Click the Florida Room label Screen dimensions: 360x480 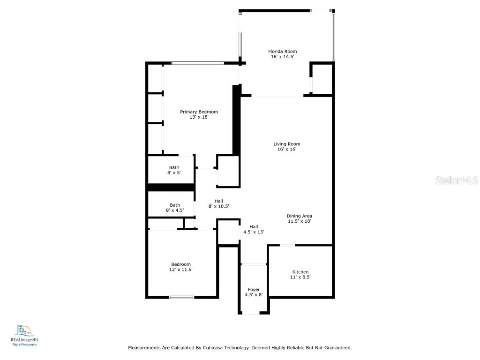coord(282,52)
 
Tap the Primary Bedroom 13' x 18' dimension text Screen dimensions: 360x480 coord(199,117)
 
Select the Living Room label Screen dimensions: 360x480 coord(287,144)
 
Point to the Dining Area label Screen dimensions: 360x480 coord(300,216)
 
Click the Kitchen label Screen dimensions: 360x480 coord(300,272)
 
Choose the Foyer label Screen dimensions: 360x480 coord(254,290)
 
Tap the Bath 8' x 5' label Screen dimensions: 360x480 coord(174,170)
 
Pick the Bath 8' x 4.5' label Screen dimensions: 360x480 coord(175,208)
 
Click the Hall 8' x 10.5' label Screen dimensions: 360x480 coord(218,203)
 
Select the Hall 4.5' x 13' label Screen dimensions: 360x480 coord(254,229)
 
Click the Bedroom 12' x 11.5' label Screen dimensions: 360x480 coord(181,267)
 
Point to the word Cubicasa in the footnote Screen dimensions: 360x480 coord(214,348)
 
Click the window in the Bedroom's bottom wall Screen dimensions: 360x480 coord(181,297)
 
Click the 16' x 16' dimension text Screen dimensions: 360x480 coord(287,150)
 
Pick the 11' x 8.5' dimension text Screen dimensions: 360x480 coord(300,277)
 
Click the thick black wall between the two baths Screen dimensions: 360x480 coord(171,187)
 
